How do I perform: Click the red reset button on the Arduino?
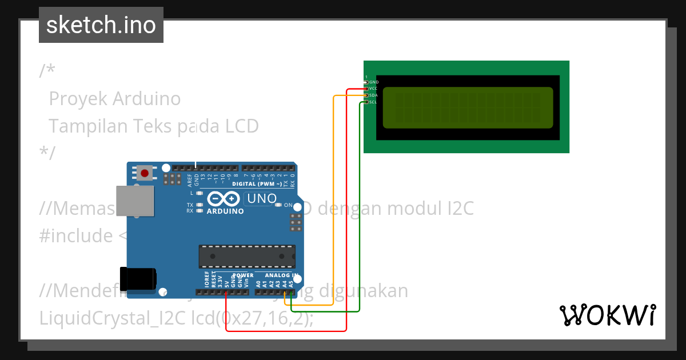(145, 173)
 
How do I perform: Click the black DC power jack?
(138, 278)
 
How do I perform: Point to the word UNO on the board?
(261, 199)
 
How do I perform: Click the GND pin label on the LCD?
(374, 82)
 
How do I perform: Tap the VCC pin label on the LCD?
(373, 89)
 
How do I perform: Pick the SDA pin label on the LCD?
(373, 95)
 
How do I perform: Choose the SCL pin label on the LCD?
(373, 102)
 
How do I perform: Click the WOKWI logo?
(607, 315)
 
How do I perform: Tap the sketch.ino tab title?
(101, 25)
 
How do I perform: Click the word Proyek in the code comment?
(78, 99)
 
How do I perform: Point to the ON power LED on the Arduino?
(278, 205)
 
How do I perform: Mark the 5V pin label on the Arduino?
(227, 282)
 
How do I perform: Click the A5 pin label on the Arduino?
(291, 283)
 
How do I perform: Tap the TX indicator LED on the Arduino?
(200, 205)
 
